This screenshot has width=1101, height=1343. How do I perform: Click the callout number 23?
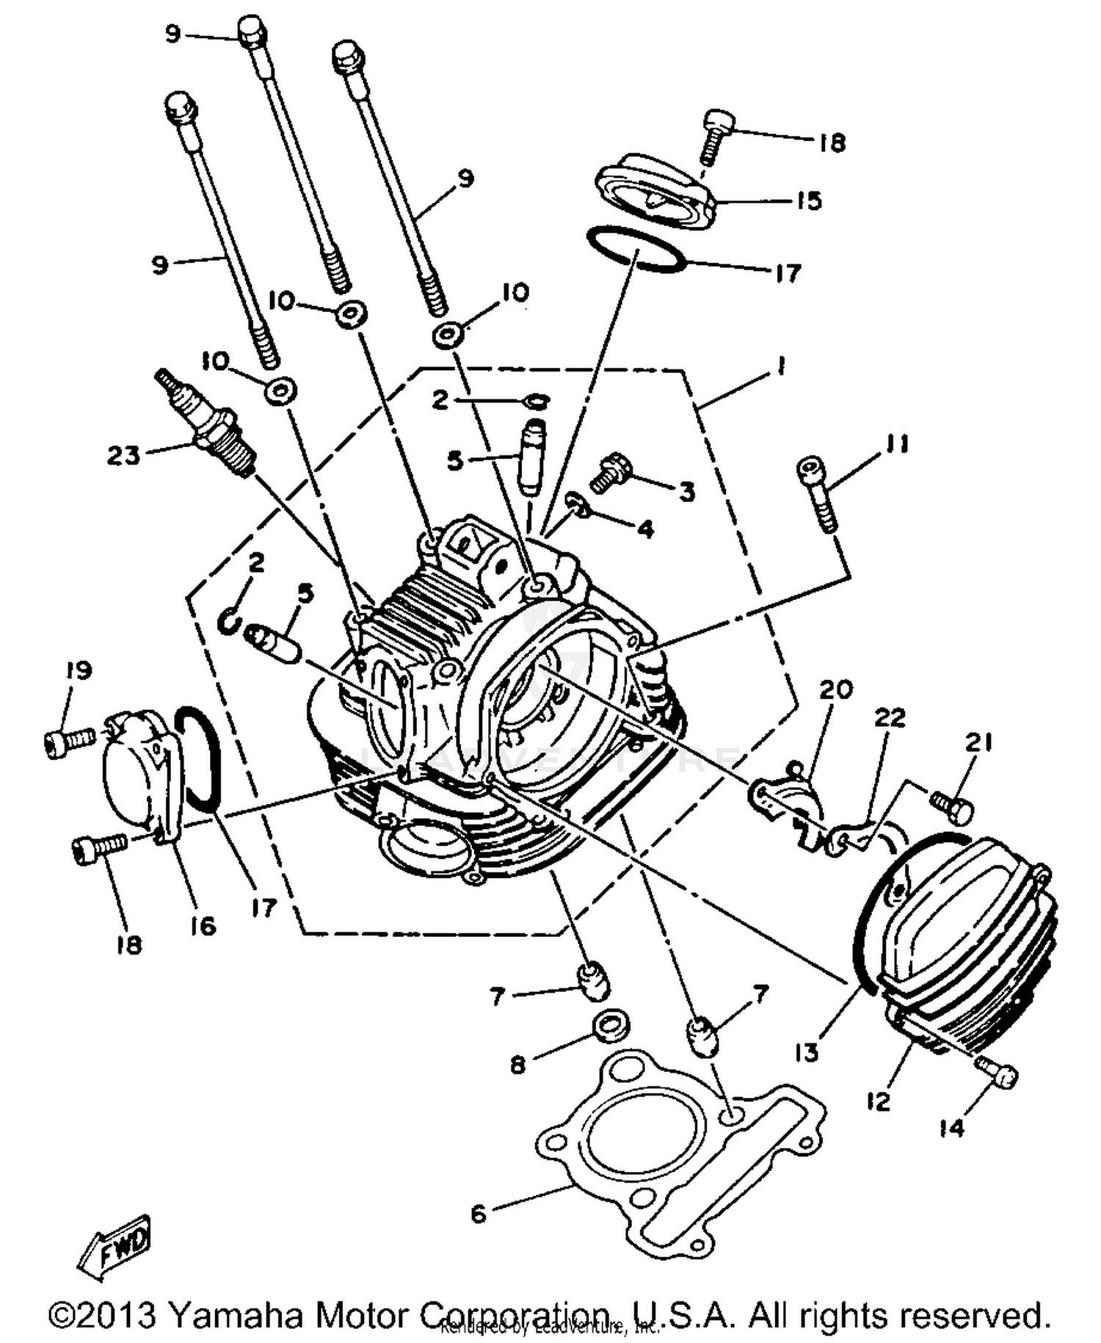[123, 455]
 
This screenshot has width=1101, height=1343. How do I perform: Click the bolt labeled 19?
[68, 737]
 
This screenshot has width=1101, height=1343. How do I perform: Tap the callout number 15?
[809, 200]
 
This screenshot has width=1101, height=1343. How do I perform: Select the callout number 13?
[806, 1053]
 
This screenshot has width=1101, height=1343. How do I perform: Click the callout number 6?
[479, 1213]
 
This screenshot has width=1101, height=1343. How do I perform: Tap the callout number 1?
[781, 366]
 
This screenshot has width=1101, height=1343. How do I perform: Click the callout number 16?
[203, 926]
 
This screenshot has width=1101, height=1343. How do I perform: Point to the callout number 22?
[889, 717]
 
